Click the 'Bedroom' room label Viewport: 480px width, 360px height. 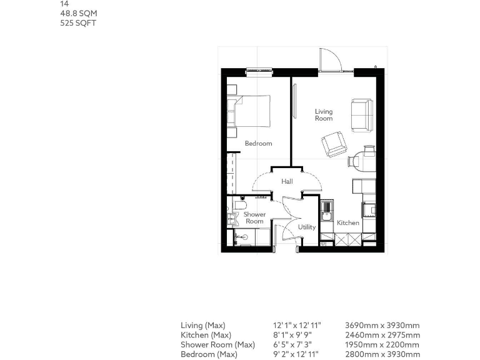(258, 143)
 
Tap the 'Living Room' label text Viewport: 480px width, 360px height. (324, 115)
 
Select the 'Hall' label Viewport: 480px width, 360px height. (287, 181)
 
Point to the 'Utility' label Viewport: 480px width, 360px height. (307, 227)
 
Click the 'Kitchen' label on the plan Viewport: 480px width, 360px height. (348, 222)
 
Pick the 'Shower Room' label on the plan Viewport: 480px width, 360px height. (254, 217)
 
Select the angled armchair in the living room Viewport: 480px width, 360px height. (334, 144)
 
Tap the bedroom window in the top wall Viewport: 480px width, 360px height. (255, 71)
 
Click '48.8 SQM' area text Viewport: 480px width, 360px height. (78, 13)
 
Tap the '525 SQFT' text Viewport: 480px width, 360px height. (78, 23)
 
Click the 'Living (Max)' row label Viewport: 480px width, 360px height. (202, 326)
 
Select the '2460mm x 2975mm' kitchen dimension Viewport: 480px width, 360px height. (382, 335)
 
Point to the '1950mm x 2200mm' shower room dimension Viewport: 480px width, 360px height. (382, 345)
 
